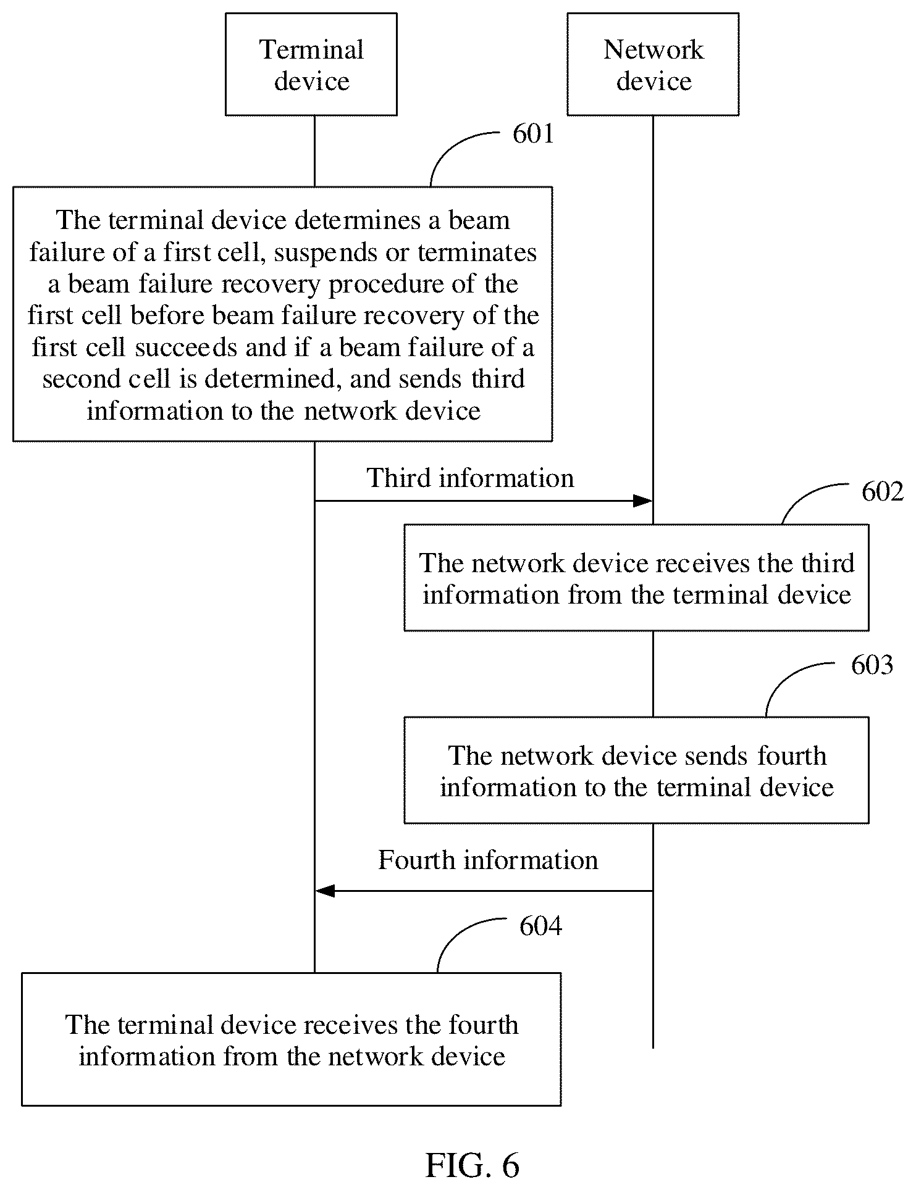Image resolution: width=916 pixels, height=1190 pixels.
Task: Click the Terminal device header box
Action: click(311, 64)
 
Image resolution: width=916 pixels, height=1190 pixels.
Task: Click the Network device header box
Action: click(653, 64)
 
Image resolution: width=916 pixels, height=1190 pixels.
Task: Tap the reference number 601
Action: click(534, 134)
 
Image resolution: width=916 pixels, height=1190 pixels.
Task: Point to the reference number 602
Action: click(883, 492)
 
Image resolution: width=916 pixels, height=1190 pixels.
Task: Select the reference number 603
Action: click(872, 665)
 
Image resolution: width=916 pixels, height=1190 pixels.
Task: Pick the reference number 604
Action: click(541, 926)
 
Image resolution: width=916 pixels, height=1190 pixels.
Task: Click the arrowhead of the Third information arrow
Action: click(643, 501)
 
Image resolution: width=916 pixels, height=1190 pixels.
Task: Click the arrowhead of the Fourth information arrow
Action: click(325, 891)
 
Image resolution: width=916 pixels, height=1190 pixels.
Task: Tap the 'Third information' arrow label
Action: click(471, 478)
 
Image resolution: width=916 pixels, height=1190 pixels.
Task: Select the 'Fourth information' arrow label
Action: click(488, 860)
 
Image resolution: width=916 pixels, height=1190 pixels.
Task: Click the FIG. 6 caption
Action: click(473, 1165)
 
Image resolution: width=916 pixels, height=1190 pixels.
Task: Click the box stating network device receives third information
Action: click(636, 578)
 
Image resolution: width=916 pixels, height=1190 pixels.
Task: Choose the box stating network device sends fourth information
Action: click(636, 770)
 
